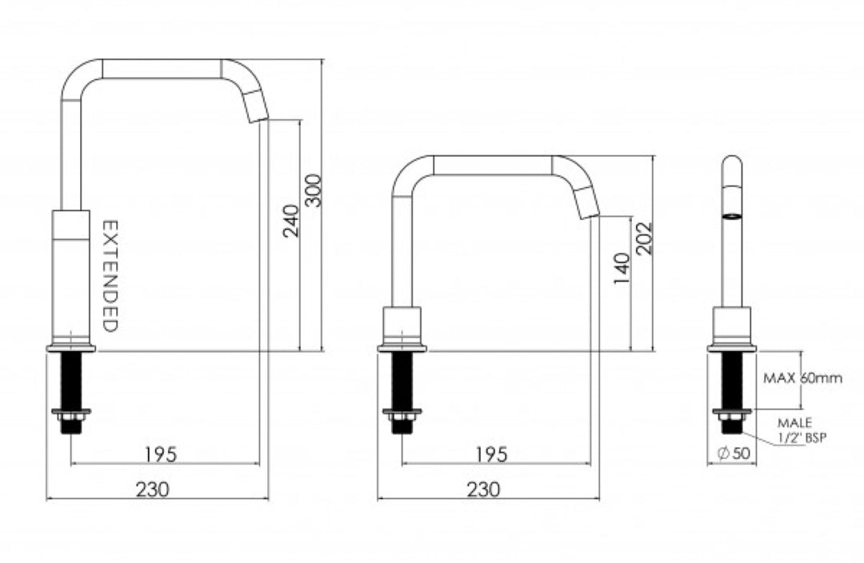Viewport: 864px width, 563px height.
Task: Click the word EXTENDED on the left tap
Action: [110, 276]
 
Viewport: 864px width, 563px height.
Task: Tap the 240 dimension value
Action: [292, 220]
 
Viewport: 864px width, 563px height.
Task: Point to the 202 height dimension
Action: [646, 238]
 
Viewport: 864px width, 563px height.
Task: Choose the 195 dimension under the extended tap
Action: [161, 453]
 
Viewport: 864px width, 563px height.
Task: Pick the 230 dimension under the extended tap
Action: [152, 489]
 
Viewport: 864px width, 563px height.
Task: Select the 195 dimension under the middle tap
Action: [491, 453]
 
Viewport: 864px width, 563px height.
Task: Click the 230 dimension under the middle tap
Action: [482, 489]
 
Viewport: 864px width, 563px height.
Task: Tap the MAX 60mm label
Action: [802, 378]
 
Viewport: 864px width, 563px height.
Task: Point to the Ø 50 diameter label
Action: [734, 453]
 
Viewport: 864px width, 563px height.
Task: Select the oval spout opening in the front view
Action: [731, 216]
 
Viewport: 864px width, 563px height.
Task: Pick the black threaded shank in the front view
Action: [731, 381]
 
